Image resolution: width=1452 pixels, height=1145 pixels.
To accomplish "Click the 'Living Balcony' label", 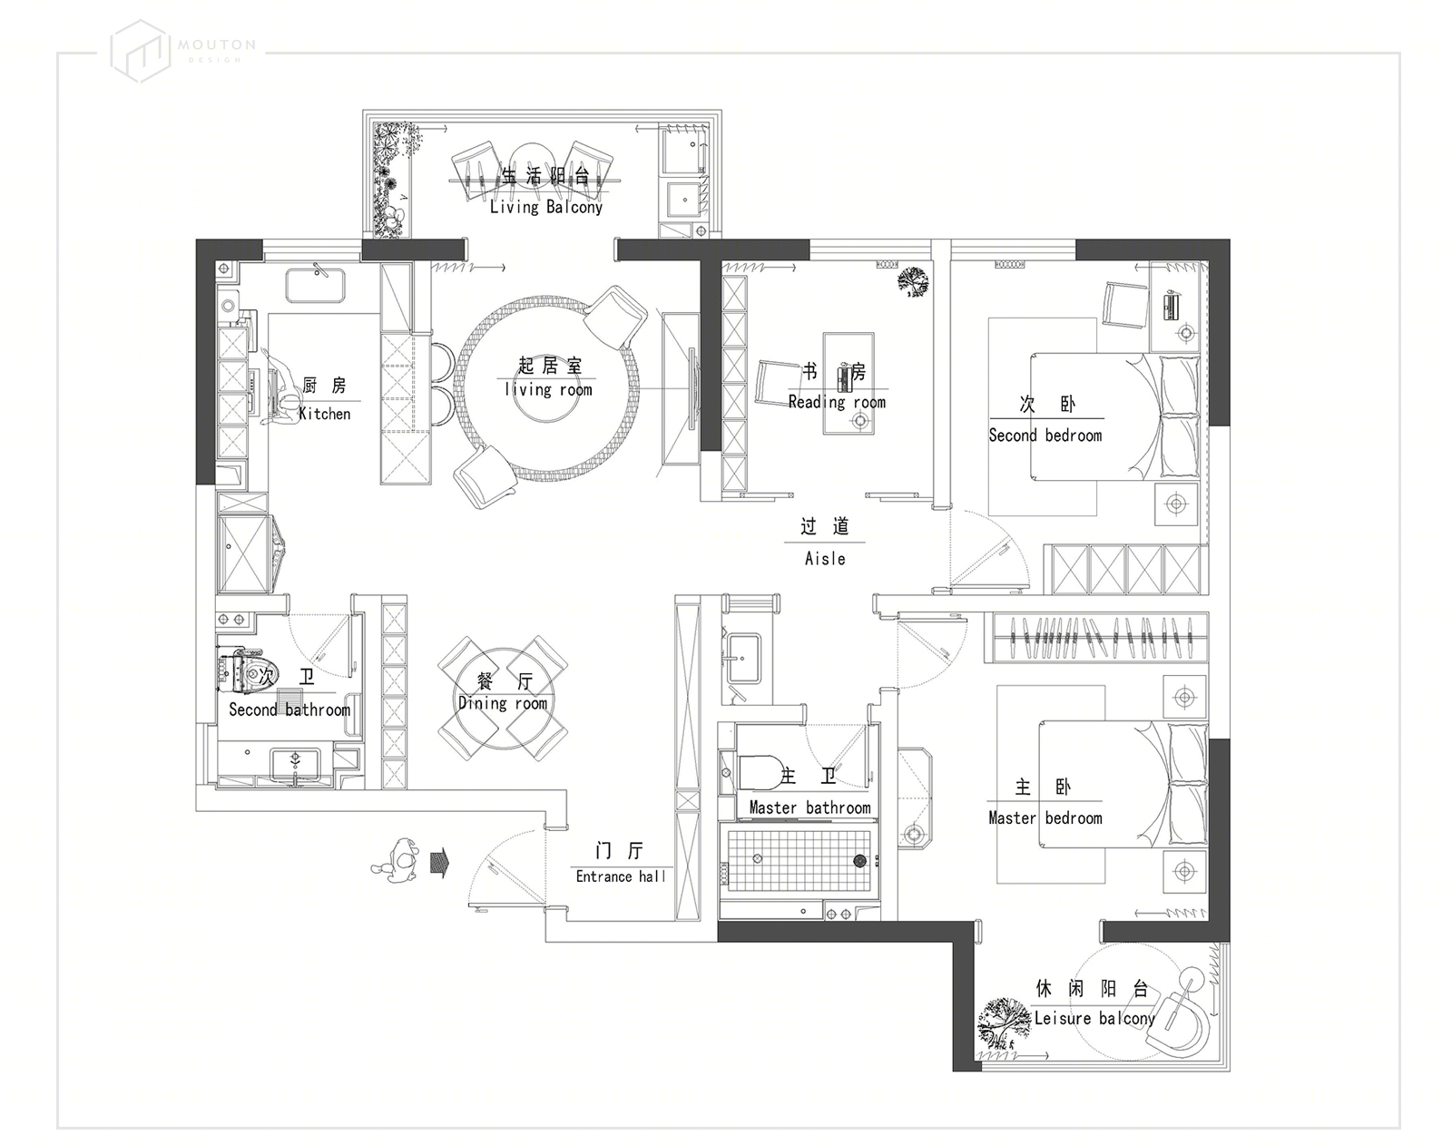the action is tap(545, 207).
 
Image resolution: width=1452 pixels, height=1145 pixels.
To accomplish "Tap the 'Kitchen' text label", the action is tap(325, 414).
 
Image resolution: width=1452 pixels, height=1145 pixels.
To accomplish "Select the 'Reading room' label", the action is tap(837, 402).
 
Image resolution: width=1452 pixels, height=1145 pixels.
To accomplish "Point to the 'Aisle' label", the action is tap(825, 558).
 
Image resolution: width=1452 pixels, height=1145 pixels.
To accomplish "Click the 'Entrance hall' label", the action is tap(621, 876).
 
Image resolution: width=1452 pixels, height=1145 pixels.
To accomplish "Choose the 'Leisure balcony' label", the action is tap(1094, 1018).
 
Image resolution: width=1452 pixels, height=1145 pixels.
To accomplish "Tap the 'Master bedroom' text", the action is tap(1045, 817).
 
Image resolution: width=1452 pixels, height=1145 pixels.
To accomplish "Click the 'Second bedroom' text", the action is tap(1045, 435).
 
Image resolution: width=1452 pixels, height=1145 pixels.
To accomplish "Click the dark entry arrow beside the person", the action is tap(440, 863).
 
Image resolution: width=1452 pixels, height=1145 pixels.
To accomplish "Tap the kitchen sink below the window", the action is tap(315, 286).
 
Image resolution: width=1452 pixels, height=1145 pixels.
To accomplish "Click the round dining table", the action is tap(503, 700).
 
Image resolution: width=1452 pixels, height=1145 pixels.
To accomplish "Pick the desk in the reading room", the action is tap(849, 383).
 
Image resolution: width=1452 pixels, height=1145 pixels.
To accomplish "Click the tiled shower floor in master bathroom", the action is tap(800, 859).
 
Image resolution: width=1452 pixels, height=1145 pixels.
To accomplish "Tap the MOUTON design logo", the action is tap(182, 52).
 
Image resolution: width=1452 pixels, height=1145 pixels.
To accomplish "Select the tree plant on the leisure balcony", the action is tap(1005, 1023).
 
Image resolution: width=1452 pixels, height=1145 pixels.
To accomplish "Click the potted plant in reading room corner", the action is tap(913, 281).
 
